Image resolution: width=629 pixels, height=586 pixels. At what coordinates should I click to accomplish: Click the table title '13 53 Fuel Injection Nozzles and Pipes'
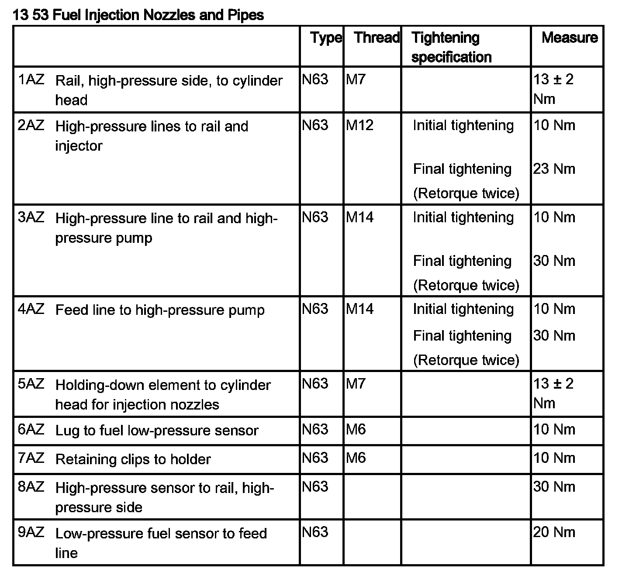(138, 15)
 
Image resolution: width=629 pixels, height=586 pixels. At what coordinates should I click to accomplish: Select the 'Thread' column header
(377, 38)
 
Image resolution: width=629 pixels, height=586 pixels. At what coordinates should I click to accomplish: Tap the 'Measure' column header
(569, 38)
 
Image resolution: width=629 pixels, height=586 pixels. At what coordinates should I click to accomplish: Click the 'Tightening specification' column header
(451, 47)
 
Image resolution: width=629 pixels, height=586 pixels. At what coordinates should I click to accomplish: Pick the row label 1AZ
(31, 79)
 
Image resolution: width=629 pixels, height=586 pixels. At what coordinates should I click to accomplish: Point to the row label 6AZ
(31, 429)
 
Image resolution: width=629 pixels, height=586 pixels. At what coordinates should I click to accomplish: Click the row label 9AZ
(31, 532)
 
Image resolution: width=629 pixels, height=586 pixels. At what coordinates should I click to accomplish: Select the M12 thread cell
(359, 125)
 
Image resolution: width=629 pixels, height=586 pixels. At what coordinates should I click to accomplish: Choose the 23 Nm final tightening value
(554, 169)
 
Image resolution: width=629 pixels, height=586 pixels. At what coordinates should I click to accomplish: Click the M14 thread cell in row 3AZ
(359, 217)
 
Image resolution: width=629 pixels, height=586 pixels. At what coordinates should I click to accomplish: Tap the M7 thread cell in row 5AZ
(355, 384)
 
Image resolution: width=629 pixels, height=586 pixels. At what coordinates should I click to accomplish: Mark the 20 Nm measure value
(554, 532)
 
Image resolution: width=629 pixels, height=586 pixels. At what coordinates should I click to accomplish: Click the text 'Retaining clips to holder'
(133, 459)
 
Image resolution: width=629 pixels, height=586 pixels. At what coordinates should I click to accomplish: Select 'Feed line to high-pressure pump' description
(160, 310)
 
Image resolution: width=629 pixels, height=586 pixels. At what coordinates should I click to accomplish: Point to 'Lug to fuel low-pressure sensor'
(157, 431)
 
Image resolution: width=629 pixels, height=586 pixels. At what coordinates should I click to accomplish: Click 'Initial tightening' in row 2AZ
(463, 125)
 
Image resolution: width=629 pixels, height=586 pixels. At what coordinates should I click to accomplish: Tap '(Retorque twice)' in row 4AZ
(466, 360)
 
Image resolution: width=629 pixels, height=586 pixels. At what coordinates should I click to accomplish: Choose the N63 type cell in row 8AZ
(315, 486)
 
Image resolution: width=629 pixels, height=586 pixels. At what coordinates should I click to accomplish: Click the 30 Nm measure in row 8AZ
(554, 486)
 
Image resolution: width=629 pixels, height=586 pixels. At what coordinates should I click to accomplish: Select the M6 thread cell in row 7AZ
(356, 458)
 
